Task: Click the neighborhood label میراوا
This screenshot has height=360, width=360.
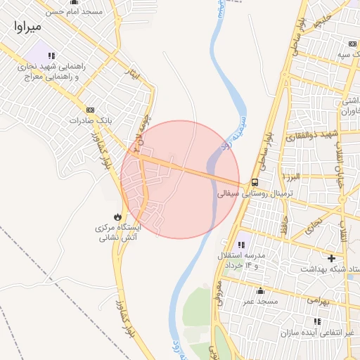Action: click(x=27, y=27)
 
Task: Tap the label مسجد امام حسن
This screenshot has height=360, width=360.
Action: click(x=74, y=12)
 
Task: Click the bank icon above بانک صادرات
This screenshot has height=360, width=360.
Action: click(x=89, y=110)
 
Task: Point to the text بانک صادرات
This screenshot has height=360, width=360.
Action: click(x=90, y=121)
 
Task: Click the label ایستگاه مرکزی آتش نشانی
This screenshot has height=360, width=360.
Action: click(x=118, y=233)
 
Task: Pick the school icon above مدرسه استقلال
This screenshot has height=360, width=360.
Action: click(x=244, y=243)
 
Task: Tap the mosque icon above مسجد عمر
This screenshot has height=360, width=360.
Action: click(x=261, y=291)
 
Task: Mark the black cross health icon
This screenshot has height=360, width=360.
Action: click(x=331, y=258)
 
